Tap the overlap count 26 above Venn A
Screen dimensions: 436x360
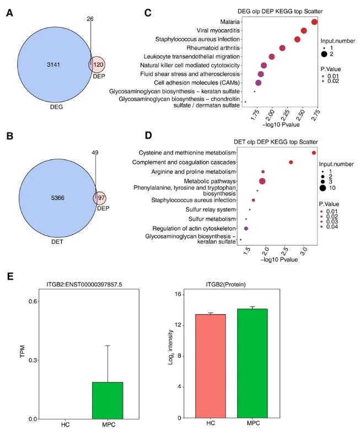click(90, 19)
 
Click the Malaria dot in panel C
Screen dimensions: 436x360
click(314, 22)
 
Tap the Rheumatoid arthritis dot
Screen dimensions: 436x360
click(282, 48)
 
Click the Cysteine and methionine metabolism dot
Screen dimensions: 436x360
click(314, 153)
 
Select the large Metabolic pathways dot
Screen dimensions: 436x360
click(262, 181)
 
